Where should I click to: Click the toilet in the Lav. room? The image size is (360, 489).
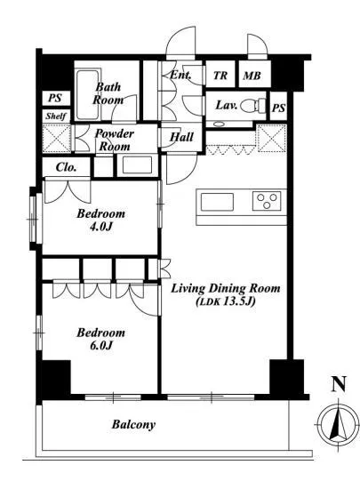coord(253,105)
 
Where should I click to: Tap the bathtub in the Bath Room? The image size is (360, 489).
coord(89,95)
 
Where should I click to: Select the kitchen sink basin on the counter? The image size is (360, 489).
coord(217,202)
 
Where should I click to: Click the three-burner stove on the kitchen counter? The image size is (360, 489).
coord(267,201)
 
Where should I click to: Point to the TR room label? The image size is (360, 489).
coord(220,76)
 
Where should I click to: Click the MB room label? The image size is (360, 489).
coord(252,76)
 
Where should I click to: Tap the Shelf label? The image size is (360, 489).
coord(56,116)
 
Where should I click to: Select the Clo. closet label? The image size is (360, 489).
coord(66,167)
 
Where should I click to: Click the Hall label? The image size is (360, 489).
coord(181,137)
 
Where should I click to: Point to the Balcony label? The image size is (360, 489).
coord(133,424)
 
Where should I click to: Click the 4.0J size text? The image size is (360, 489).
coord(101,227)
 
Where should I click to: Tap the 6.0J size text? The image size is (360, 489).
coord(100,346)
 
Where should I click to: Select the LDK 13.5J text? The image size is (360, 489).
coord(226,301)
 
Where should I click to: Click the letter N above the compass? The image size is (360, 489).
coord(339,384)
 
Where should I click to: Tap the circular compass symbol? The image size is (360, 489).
coord(338,424)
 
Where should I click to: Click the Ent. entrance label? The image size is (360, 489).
coord(180,75)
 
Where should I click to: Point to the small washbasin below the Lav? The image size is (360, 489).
coord(219,124)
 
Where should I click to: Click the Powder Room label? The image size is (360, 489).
coord(115,140)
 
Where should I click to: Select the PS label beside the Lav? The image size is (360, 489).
coord(278,108)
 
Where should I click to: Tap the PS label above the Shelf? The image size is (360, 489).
coord(55,98)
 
